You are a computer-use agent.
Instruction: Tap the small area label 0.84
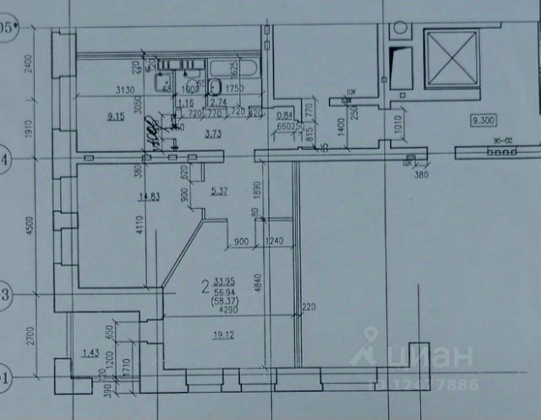pos(285,116)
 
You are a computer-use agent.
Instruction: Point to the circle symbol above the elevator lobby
pos(398,30)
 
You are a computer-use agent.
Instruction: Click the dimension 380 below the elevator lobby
pos(421,175)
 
